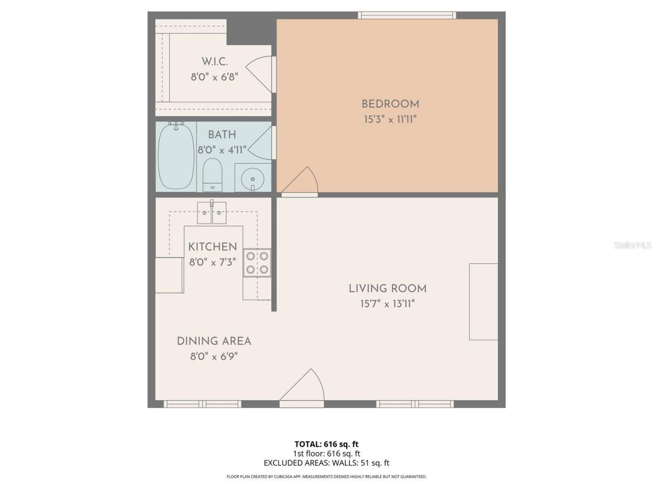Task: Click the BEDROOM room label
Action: tap(390, 104)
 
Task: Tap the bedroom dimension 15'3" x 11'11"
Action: tap(390, 120)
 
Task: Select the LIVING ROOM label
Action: tap(388, 288)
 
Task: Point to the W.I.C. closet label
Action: tap(214, 62)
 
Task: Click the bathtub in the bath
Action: tap(176, 156)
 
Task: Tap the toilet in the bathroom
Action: tap(212, 174)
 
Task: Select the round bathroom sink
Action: tap(253, 179)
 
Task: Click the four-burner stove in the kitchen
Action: tap(257, 262)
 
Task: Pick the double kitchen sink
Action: tap(212, 212)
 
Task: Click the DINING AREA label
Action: tap(214, 341)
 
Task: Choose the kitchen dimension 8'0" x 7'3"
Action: tap(213, 262)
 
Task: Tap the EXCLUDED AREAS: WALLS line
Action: tap(326, 463)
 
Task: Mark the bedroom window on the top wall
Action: tap(407, 15)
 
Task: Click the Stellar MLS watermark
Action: tap(633, 246)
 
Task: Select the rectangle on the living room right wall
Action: tap(483, 302)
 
